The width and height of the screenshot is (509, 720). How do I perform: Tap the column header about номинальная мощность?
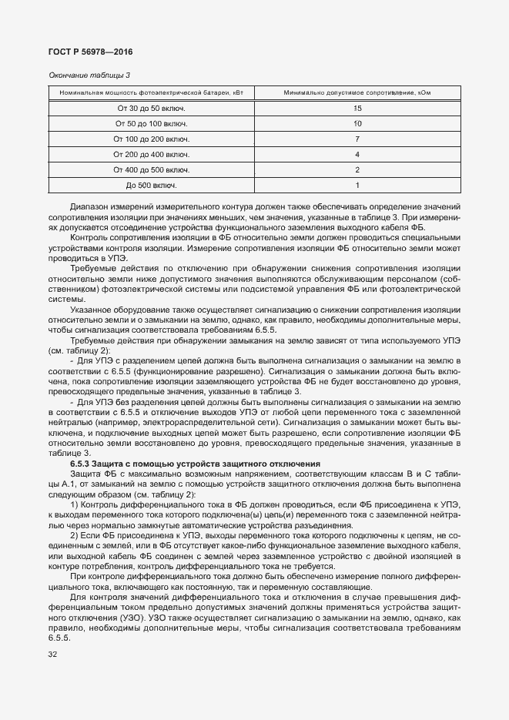pyautogui.click(x=152, y=93)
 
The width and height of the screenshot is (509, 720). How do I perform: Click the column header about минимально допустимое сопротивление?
pyautogui.click(x=357, y=93)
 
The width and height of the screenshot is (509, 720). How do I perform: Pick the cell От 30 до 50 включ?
pyautogui.click(x=151, y=109)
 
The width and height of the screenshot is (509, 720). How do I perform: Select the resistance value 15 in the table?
pyautogui.click(x=357, y=109)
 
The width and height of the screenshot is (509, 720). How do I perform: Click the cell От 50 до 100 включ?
pyautogui.click(x=151, y=124)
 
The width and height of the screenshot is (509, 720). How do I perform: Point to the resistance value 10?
pyautogui.click(x=357, y=124)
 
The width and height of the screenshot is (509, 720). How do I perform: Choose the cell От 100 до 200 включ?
pyautogui.click(x=151, y=139)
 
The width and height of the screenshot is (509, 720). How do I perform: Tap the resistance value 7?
pyautogui.click(x=357, y=139)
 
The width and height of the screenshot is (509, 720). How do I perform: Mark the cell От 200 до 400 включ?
pyautogui.click(x=151, y=155)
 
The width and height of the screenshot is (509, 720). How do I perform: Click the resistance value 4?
pyautogui.click(x=357, y=155)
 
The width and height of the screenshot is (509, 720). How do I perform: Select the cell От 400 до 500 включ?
pyautogui.click(x=151, y=170)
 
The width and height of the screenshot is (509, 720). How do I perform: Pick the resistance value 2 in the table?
pyautogui.click(x=357, y=170)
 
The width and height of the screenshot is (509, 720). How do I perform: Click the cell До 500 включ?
pyautogui.click(x=151, y=186)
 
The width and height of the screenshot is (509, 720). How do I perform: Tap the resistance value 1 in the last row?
pyautogui.click(x=357, y=186)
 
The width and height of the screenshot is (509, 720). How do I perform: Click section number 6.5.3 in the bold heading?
pyautogui.click(x=81, y=464)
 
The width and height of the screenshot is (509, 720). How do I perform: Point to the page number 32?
pyautogui.click(x=52, y=655)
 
